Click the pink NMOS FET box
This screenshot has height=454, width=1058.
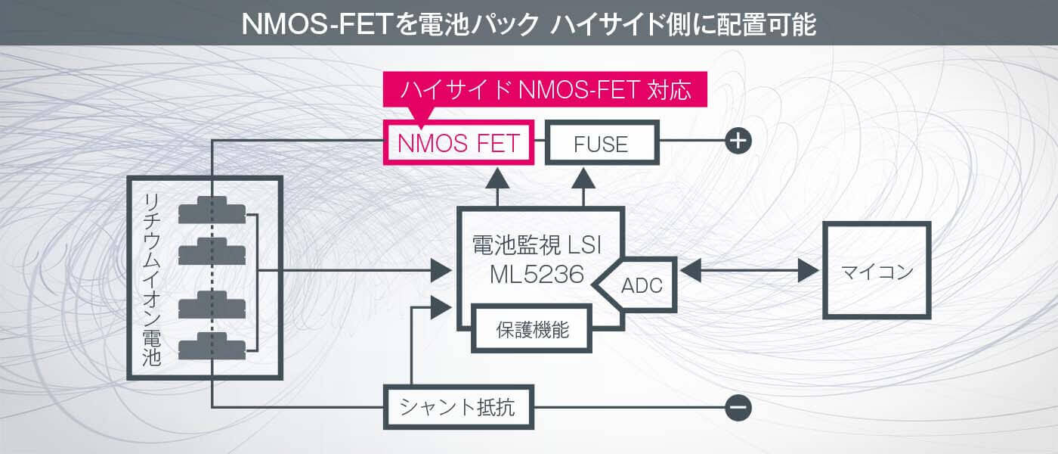tap(459, 142)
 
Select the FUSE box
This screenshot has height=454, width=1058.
tap(602, 142)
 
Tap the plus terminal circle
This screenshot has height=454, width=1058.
tap(738, 141)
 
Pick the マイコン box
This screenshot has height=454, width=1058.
tap(877, 271)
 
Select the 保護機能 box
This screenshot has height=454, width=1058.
tap(532, 330)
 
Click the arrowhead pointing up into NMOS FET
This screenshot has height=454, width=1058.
tap(497, 179)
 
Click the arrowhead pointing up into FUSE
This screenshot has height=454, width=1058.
tap(583, 179)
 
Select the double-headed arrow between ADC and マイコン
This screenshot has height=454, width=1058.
tap(750, 270)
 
